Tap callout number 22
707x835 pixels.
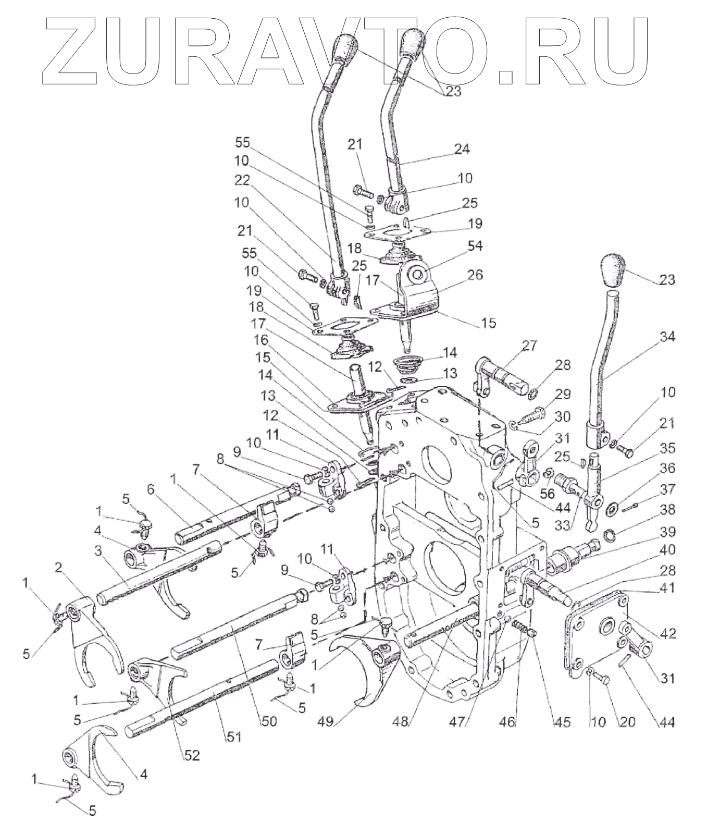(x=243, y=180)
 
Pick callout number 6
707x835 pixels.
(x=151, y=488)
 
